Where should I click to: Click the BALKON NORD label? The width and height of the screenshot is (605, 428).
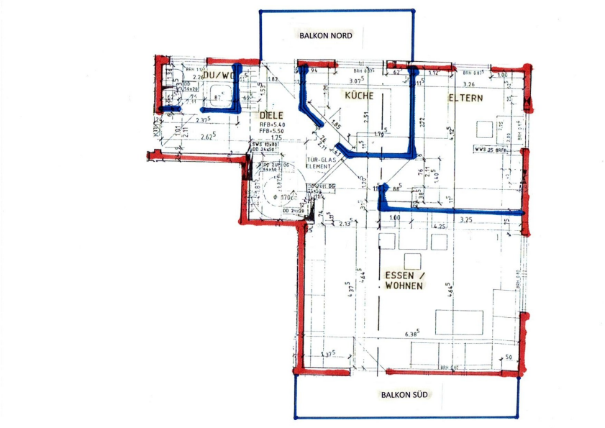(326, 35)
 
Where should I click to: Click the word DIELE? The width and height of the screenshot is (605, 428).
(272, 115)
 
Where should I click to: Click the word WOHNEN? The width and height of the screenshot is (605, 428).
(403, 286)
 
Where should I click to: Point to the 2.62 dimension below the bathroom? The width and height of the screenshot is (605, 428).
(209, 137)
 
